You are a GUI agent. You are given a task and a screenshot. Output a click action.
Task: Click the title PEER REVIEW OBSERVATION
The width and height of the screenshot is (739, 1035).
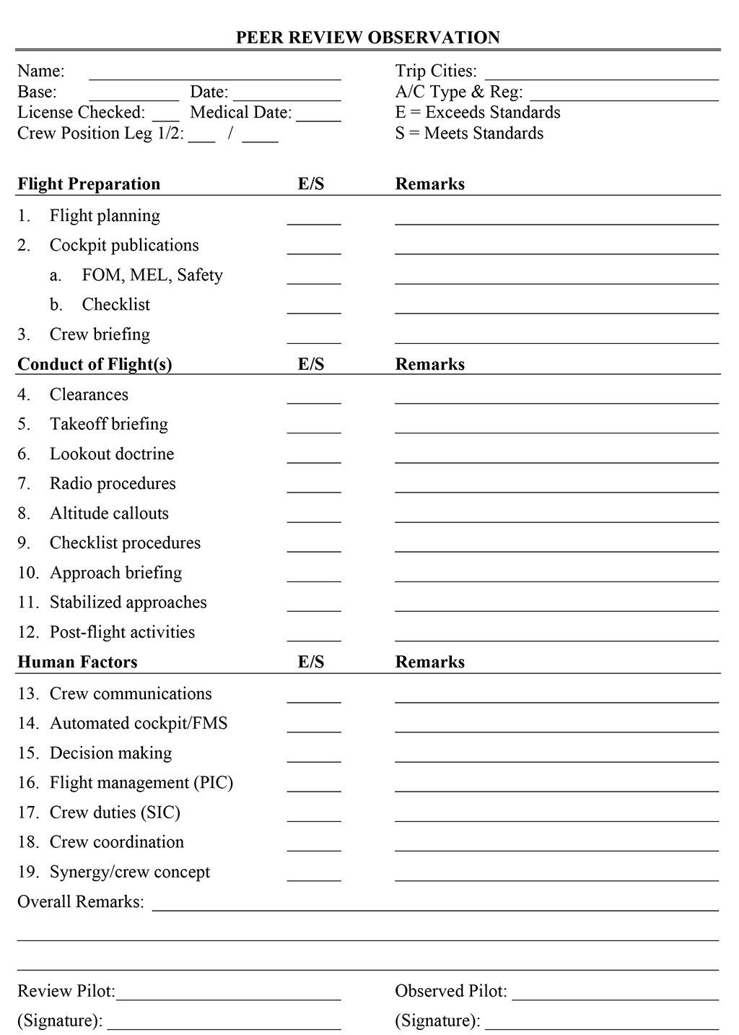pyautogui.click(x=367, y=38)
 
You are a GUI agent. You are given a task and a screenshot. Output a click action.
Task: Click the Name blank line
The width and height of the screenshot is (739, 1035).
pyautogui.click(x=214, y=75)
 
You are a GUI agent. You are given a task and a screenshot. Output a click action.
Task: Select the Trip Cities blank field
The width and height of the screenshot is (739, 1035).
pyautogui.click(x=601, y=75)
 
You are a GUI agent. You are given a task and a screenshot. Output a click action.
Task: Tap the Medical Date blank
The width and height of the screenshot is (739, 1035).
pyautogui.click(x=318, y=117)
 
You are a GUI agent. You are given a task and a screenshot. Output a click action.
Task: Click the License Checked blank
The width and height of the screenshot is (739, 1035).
pyautogui.click(x=165, y=117)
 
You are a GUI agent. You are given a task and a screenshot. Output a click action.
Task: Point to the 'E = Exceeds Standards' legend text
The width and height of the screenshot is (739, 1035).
pyautogui.click(x=477, y=113)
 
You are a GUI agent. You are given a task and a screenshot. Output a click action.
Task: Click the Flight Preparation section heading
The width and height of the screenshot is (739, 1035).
pyautogui.click(x=89, y=184)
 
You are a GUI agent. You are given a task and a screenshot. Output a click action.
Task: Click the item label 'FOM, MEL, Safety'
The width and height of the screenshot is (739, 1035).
pyautogui.click(x=152, y=275)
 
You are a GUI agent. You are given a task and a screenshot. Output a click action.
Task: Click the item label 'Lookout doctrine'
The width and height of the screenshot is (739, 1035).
pyautogui.click(x=112, y=454)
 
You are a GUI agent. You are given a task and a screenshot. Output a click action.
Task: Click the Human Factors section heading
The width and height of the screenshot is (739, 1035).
pyautogui.click(x=77, y=662)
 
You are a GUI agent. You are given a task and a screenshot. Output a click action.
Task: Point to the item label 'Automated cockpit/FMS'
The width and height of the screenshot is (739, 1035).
pyautogui.click(x=139, y=724)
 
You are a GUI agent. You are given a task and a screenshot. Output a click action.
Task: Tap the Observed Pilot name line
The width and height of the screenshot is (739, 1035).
pyautogui.click(x=615, y=996)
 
